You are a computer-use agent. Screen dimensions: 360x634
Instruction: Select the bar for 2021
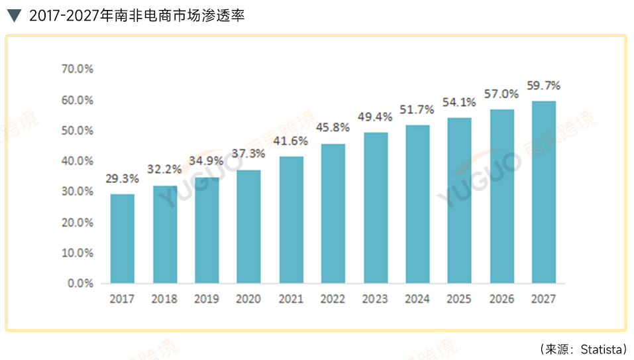tap(291, 220)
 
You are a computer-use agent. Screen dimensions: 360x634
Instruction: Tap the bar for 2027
tap(543, 192)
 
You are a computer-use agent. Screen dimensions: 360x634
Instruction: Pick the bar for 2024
tap(417, 204)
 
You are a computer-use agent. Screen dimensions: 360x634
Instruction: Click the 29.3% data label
tap(122, 179)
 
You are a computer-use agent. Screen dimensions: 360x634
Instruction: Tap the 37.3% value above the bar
tap(248, 153)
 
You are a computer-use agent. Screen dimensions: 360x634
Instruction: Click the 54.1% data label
tap(460, 102)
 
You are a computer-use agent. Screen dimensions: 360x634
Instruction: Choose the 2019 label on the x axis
tap(207, 299)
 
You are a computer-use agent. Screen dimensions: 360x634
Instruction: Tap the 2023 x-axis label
tap(375, 299)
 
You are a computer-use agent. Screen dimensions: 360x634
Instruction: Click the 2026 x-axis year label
tap(502, 299)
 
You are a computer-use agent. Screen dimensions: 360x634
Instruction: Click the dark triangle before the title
tap(14, 15)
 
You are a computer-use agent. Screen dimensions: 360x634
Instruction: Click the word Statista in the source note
tap(600, 349)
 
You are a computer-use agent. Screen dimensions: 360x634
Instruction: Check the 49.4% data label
tap(375, 117)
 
